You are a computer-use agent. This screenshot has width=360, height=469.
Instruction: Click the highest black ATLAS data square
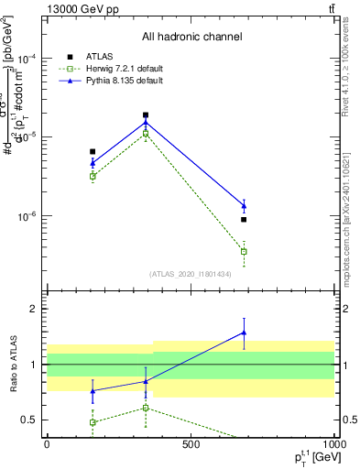click(x=146, y=115)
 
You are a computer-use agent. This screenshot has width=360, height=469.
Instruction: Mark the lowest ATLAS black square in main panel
click(x=244, y=220)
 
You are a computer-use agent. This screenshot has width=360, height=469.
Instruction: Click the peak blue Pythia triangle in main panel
click(x=146, y=123)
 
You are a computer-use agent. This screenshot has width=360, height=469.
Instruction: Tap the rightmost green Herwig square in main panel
click(x=244, y=251)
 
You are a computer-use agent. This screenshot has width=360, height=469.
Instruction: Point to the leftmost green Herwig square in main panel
click(x=93, y=176)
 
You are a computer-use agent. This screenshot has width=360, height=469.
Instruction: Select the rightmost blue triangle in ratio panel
click(x=244, y=333)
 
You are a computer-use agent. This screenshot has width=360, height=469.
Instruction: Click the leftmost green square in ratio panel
click(x=93, y=422)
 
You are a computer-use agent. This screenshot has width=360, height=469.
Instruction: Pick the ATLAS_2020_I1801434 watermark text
click(x=191, y=274)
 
